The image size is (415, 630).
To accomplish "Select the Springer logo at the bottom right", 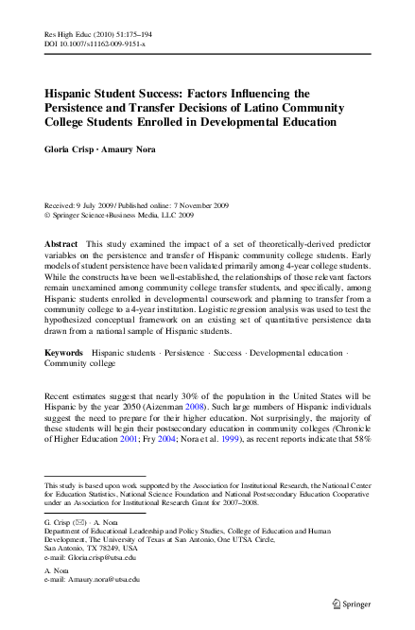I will click(360, 602).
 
